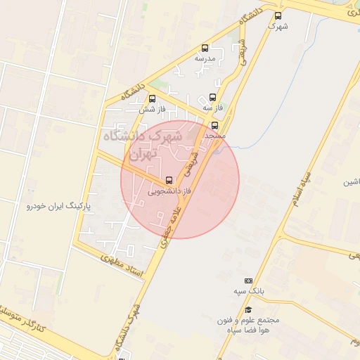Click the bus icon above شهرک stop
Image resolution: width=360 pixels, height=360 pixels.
coord(278,15)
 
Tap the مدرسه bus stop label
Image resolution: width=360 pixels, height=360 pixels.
coord(205,59)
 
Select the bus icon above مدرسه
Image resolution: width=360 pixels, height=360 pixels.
coord(205,49)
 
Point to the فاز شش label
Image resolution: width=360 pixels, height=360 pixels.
coord(151,109)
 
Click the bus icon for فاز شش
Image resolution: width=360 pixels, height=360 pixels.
coord(153,98)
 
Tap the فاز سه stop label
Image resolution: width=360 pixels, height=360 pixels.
coord(212,108)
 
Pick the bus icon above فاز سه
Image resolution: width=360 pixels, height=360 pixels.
coord(213,98)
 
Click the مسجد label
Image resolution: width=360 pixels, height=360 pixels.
coord(214,134)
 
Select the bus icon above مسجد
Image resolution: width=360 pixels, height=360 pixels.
coord(215,124)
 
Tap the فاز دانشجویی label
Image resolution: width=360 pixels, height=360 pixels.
coord(169,191)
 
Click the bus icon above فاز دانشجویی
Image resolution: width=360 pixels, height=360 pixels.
coord(169,180)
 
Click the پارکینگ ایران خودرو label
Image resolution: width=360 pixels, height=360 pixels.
coord(59,206)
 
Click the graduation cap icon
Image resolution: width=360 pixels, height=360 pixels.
coord(247,309)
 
